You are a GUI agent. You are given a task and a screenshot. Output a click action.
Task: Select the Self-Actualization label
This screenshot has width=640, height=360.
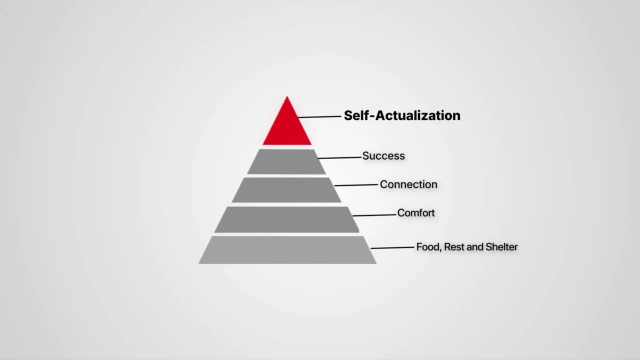[x=402, y=115]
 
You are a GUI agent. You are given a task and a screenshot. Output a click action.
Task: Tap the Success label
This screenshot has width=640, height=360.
[x=383, y=156]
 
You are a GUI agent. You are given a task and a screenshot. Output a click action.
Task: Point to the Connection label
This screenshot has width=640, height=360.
[x=408, y=184]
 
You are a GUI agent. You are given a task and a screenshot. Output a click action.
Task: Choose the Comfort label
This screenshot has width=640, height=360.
[x=416, y=213]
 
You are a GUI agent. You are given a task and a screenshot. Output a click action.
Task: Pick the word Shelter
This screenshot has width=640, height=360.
[x=501, y=247]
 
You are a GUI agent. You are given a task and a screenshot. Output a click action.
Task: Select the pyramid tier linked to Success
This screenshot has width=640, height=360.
[x=286, y=162]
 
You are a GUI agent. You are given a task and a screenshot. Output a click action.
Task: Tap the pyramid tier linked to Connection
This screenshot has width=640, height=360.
[x=286, y=190]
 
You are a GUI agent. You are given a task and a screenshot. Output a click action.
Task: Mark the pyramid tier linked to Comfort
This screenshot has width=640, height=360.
[x=286, y=219]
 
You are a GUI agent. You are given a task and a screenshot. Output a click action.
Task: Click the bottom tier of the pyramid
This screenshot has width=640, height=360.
[x=287, y=250]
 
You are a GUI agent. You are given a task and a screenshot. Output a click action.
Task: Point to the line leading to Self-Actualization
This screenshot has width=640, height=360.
[x=319, y=117]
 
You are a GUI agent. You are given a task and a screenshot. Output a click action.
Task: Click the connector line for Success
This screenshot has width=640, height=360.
[x=339, y=157]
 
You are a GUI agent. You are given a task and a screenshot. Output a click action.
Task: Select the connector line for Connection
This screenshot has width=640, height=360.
[x=356, y=185]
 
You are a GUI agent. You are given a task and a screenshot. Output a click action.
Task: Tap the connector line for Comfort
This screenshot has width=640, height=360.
[x=374, y=215]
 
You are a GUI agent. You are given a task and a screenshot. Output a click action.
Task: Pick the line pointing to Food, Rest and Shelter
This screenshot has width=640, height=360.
[x=392, y=247]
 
